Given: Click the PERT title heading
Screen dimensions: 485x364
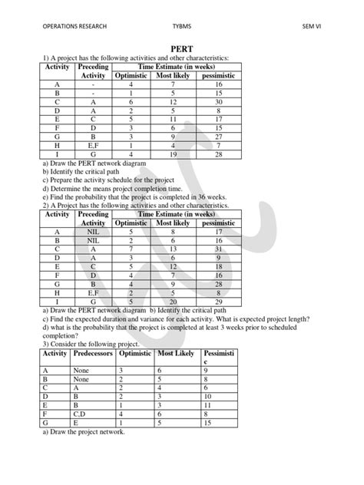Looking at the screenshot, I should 181,48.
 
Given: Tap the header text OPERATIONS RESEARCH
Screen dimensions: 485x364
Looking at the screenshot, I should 74,27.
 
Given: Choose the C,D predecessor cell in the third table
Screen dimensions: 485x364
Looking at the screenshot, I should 81,414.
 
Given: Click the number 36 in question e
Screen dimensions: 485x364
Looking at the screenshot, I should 197,196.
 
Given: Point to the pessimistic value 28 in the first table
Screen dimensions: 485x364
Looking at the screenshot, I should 218,155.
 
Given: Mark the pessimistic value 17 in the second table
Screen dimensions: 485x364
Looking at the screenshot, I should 219,231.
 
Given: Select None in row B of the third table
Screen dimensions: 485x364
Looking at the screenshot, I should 81,378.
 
